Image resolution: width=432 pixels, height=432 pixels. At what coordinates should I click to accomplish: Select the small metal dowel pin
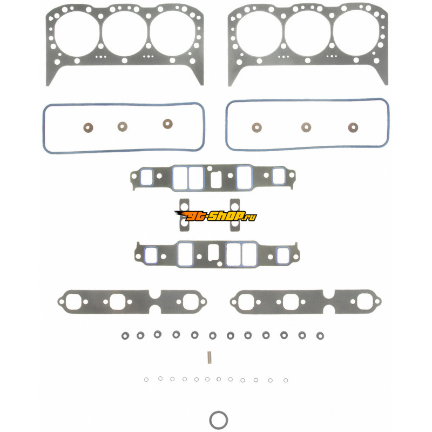coord(210,357)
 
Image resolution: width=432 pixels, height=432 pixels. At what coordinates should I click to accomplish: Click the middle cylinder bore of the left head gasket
coord(125,33)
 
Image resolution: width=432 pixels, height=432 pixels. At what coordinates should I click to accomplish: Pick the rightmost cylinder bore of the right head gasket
coord(356,32)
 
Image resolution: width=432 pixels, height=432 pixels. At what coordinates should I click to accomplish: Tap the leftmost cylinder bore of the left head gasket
coord(77,33)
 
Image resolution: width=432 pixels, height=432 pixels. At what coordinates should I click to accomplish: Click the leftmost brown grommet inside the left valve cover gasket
coord(88,127)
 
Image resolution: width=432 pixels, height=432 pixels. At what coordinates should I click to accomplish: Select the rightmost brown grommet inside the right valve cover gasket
coord(353,127)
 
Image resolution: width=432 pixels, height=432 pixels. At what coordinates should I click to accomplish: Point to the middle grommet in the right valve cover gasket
coord(306,127)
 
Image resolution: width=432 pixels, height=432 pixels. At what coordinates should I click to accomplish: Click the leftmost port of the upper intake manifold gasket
coord(146,177)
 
